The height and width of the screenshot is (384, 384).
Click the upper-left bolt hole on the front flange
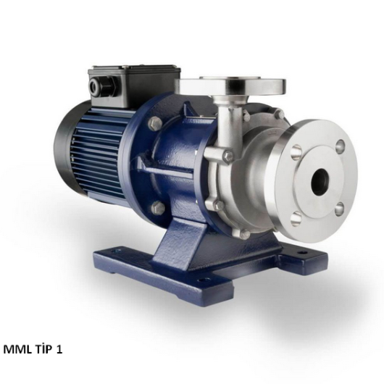(x=297, y=151)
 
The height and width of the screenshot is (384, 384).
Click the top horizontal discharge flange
(x=230, y=85)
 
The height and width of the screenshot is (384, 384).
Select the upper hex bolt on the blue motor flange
(x=155, y=122)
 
